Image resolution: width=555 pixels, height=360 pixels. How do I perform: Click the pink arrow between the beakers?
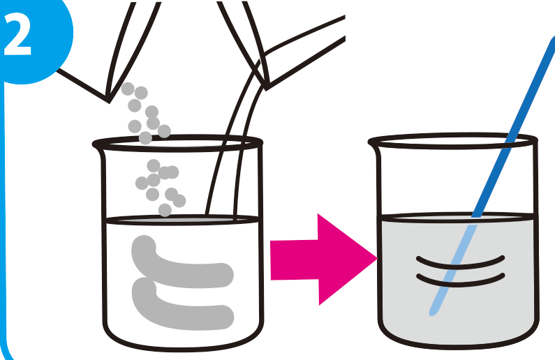click(x=323, y=260)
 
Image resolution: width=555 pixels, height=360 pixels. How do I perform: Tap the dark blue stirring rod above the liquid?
click(x=514, y=126)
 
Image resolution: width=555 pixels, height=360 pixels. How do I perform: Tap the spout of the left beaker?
click(x=96, y=145)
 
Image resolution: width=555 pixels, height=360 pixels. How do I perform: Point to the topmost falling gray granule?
click(x=128, y=89)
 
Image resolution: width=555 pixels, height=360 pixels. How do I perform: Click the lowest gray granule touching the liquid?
click(x=165, y=210)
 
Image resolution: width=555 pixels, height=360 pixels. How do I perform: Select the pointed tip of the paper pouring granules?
click(x=109, y=101)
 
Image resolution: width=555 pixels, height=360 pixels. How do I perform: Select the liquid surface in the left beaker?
click(x=182, y=220)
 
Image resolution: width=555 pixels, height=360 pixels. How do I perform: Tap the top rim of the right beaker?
click(x=453, y=142)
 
